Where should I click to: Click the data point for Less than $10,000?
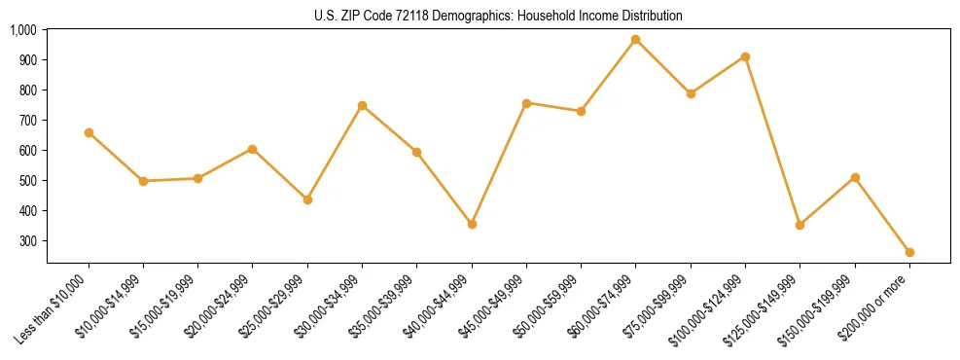[x=89, y=132]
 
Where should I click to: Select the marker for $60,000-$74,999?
[x=635, y=40]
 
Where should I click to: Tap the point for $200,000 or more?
[x=909, y=252]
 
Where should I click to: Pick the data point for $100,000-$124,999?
[x=745, y=56]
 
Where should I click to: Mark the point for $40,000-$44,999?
[x=472, y=224]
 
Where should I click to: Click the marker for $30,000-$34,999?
[x=362, y=105]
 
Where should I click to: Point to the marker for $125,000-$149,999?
[x=800, y=225]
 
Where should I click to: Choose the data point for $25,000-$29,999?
[x=307, y=199]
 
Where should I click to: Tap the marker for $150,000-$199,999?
[x=855, y=177]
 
